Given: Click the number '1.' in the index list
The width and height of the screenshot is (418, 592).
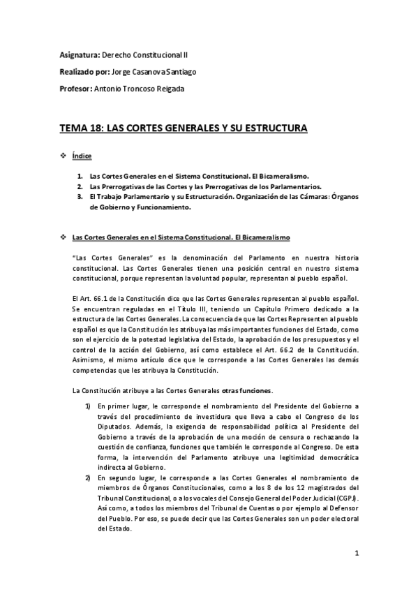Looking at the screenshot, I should point(80,177).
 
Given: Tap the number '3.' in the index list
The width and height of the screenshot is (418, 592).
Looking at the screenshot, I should point(80,198).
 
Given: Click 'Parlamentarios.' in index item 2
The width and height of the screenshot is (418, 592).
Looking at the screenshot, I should point(294,187).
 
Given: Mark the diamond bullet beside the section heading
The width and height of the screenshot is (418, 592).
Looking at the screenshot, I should point(64,239).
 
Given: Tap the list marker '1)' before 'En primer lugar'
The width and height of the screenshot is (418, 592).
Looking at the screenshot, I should point(88,406).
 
